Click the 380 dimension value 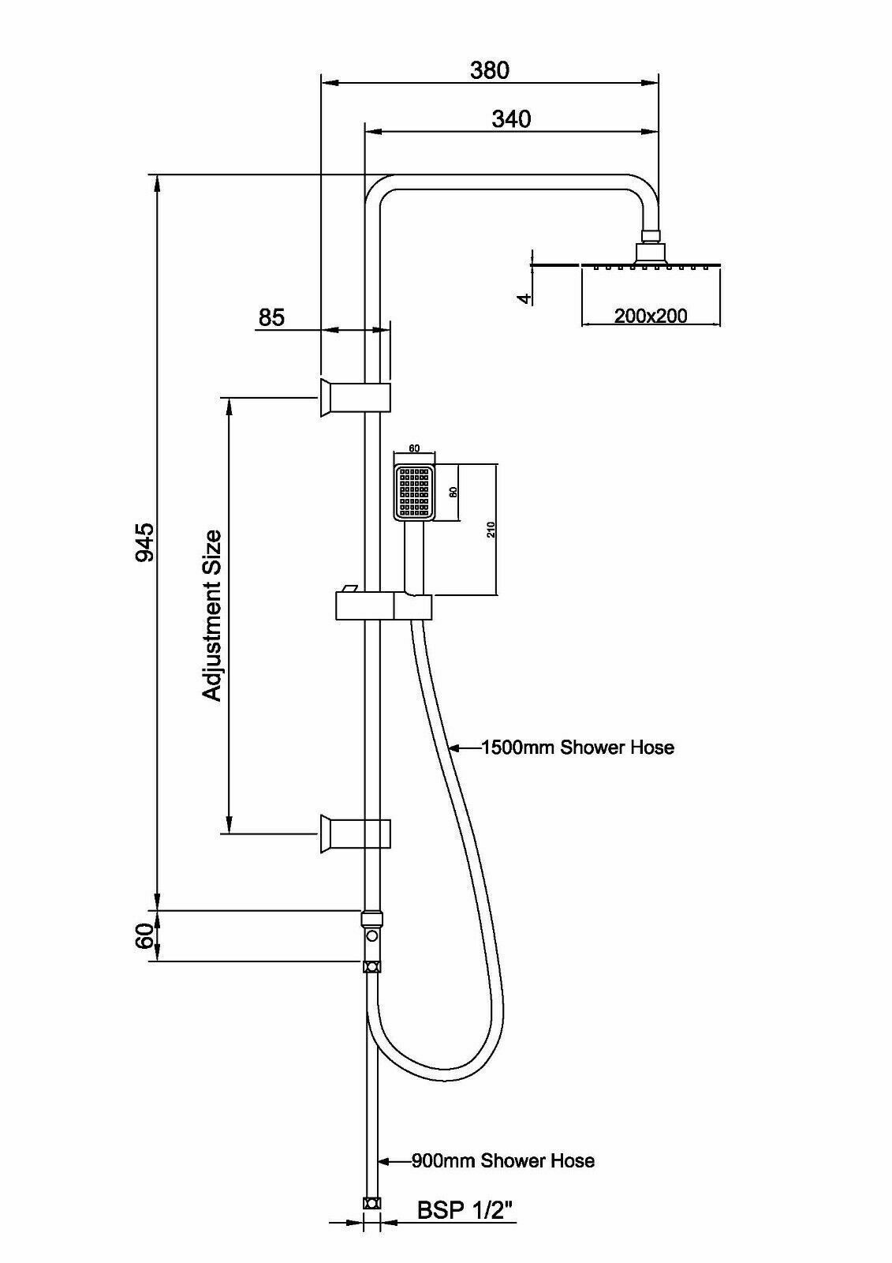[490, 70]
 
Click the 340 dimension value [511, 119]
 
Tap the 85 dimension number [271, 317]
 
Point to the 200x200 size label [651, 317]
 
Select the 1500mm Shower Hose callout [578, 747]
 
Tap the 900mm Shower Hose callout [503, 1160]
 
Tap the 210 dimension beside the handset [491, 530]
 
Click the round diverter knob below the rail [371, 936]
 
